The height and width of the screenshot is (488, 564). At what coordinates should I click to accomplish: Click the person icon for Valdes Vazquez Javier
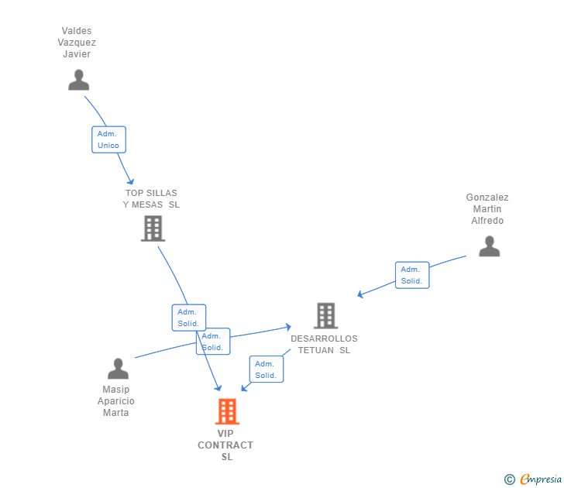[78, 80]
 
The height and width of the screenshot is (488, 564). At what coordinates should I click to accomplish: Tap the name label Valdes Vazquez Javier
[77, 43]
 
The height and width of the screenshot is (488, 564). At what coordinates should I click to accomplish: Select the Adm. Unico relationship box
[108, 139]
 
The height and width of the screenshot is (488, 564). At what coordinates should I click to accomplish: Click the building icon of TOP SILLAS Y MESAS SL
[153, 229]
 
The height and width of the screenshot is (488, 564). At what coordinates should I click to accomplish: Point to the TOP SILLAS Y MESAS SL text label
[151, 199]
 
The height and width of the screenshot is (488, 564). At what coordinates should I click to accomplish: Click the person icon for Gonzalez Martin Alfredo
[489, 246]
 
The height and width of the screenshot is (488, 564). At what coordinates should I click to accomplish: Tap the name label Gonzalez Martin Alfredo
[487, 209]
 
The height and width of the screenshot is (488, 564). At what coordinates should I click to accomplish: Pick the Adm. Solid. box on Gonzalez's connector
[411, 275]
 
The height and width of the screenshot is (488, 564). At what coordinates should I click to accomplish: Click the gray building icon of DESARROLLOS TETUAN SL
[325, 315]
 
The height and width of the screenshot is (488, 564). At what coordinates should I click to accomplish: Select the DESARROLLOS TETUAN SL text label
[324, 344]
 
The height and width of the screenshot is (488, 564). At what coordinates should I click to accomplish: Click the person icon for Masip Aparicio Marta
[118, 369]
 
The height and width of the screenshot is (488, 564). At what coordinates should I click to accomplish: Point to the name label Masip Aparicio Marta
[116, 401]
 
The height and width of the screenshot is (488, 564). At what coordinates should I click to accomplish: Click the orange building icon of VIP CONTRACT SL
[227, 411]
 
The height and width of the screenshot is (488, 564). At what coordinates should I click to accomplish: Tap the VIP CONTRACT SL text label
[225, 445]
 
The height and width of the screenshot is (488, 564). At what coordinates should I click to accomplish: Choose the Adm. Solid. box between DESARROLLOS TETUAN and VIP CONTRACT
[266, 369]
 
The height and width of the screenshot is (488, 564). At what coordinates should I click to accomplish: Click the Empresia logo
[535, 479]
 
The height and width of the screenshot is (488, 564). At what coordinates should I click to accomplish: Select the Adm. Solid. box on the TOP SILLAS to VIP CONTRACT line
[188, 318]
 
